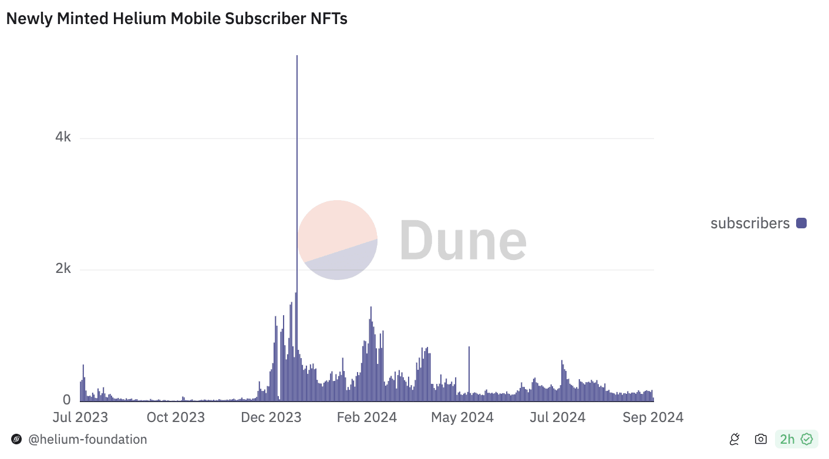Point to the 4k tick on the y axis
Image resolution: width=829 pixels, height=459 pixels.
coord(63,137)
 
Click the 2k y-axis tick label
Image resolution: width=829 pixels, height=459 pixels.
coord(63,269)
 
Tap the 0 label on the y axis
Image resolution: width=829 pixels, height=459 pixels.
coord(67,400)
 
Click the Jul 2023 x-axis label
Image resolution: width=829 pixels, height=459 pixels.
coord(80,417)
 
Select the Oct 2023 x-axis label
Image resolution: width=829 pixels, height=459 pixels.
coord(176,417)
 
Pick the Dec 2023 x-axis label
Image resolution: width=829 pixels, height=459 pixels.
coord(271,417)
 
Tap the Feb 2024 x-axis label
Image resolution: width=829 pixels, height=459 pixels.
coord(368,417)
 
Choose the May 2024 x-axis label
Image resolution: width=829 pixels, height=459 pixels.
coord(463,417)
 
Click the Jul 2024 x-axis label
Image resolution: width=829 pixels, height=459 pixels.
coord(557,417)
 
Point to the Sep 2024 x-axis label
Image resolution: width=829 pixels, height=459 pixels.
coord(653,417)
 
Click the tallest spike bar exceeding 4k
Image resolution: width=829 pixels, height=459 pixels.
coord(297,176)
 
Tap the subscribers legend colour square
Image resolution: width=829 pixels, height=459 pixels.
coord(801,223)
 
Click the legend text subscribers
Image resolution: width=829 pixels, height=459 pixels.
coord(750,223)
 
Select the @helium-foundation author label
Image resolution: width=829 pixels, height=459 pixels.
coord(87,439)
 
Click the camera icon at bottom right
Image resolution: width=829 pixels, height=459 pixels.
coord(761,439)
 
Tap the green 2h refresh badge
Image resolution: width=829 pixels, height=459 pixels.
coord(796,439)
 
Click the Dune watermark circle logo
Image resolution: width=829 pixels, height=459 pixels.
coord(337,239)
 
